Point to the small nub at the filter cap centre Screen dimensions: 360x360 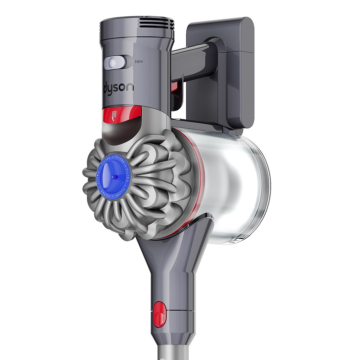pos(113,176)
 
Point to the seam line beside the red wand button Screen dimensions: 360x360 pos(180,311)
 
